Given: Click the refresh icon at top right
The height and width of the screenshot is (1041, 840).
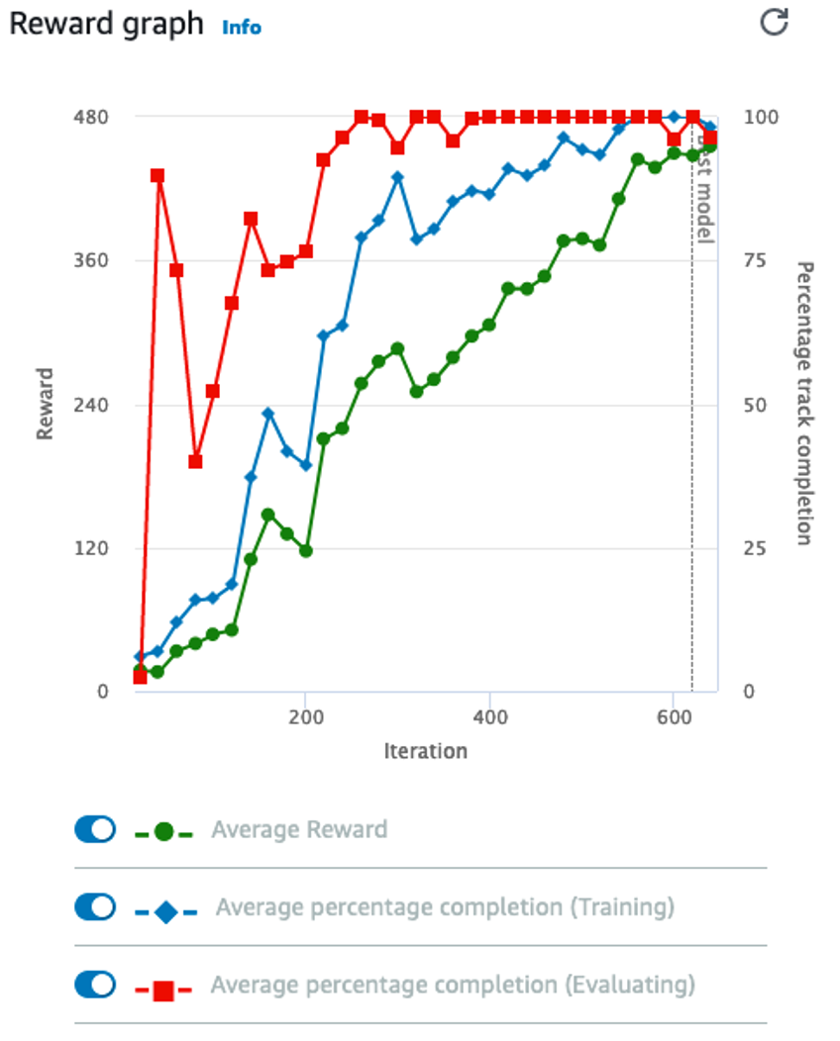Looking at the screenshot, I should click(x=773, y=23).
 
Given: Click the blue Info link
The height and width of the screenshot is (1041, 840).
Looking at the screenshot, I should click(x=242, y=27).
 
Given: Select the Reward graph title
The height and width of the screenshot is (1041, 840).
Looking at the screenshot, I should click(x=106, y=24).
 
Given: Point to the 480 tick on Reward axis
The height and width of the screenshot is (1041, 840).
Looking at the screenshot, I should click(x=90, y=117).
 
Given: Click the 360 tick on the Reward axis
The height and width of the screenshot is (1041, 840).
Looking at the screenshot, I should click(x=90, y=261).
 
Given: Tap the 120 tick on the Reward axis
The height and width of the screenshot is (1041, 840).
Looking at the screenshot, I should click(x=90, y=548).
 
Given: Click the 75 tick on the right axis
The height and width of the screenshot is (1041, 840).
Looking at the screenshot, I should click(x=755, y=261).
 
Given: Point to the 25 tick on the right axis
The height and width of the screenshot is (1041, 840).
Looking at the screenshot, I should click(x=755, y=548).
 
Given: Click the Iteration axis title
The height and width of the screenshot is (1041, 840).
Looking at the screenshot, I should click(x=425, y=751).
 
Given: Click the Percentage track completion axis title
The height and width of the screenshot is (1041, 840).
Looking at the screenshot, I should click(x=804, y=403).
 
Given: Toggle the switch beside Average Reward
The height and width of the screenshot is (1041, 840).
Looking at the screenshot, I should click(x=95, y=829).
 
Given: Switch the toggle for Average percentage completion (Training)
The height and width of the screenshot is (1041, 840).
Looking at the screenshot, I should click(x=95, y=906).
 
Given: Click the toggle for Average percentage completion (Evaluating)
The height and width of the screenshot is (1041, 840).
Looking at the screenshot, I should click(x=95, y=985).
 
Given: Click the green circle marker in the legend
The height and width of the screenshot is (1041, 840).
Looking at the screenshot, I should click(x=164, y=832).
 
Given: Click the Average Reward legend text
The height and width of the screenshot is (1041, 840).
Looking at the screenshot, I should click(x=299, y=829).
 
